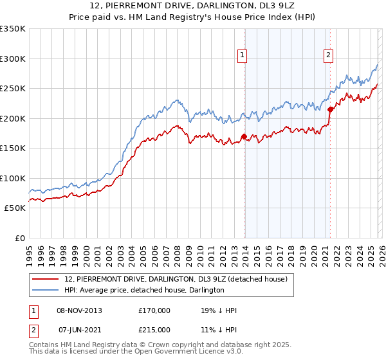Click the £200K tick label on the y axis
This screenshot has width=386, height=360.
[12, 118]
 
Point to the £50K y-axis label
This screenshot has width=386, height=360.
[14, 208]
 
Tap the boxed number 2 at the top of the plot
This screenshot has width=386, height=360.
[328, 56]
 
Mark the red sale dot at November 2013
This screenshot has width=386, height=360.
[244, 136]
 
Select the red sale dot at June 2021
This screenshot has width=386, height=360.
[331, 109]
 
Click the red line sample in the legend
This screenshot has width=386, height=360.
[46, 278]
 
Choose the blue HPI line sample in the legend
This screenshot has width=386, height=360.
[46, 290]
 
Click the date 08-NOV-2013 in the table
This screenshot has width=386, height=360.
[80, 310]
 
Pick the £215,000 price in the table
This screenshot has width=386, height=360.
[154, 330]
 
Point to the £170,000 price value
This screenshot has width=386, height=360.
[154, 310]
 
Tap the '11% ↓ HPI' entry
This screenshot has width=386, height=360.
[219, 330]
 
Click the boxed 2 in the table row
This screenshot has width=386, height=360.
[34, 330]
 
